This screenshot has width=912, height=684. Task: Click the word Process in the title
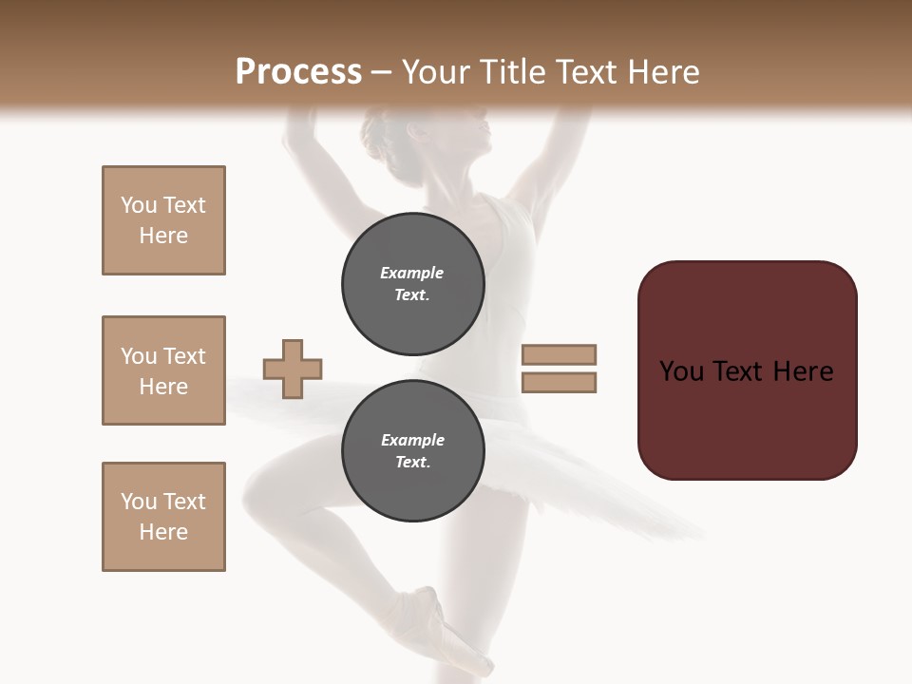click(x=298, y=71)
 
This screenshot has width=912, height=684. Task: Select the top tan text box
click(x=163, y=220)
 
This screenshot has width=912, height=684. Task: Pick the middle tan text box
click(x=163, y=370)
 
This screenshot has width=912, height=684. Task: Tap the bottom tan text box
click(x=163, y=517)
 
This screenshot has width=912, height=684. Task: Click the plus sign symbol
click(x=293, y=369)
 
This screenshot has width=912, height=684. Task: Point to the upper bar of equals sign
click(x=560, y=354)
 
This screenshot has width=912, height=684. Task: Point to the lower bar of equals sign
click(x=560, y=383)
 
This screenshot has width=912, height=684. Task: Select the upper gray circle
click(x=413, y=284)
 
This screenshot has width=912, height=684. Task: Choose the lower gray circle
click(x=413, y=450)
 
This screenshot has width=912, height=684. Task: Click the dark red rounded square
click(x=747, y=370)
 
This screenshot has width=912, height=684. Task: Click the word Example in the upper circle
click(x=412, y=273)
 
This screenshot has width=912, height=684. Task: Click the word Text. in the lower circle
click(x=412, y=463)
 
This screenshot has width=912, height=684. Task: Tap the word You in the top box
click(x=139, y=205)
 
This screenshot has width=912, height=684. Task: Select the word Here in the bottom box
click(x=163, y=532)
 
